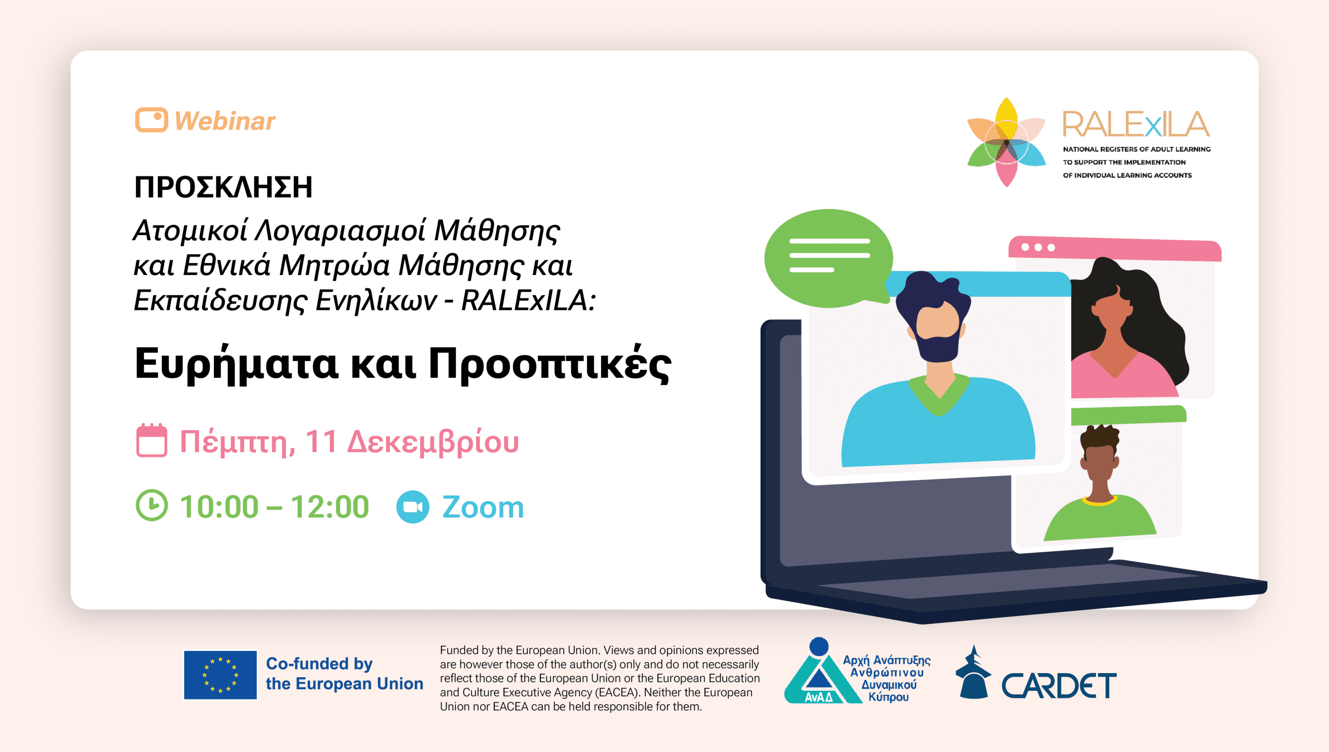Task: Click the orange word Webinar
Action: pos(225,121)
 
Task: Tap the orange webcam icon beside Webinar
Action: pos(151,120)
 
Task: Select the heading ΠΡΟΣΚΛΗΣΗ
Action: pos(223,187)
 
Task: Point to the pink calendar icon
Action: pos(152,441)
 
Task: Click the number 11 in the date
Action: pos(321,442)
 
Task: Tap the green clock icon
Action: pos(152,505)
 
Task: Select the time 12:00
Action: pos(330,507)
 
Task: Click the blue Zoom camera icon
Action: pos(413,507)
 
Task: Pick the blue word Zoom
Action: pos(483,507)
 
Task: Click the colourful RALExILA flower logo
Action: pos(1006,142)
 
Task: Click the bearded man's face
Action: pos(938,324)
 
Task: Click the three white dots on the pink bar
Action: pos(1038,247)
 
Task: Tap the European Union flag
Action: pos(220,675)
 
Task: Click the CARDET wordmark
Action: pos(1059,686)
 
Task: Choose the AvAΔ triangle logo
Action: pos(819,675)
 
